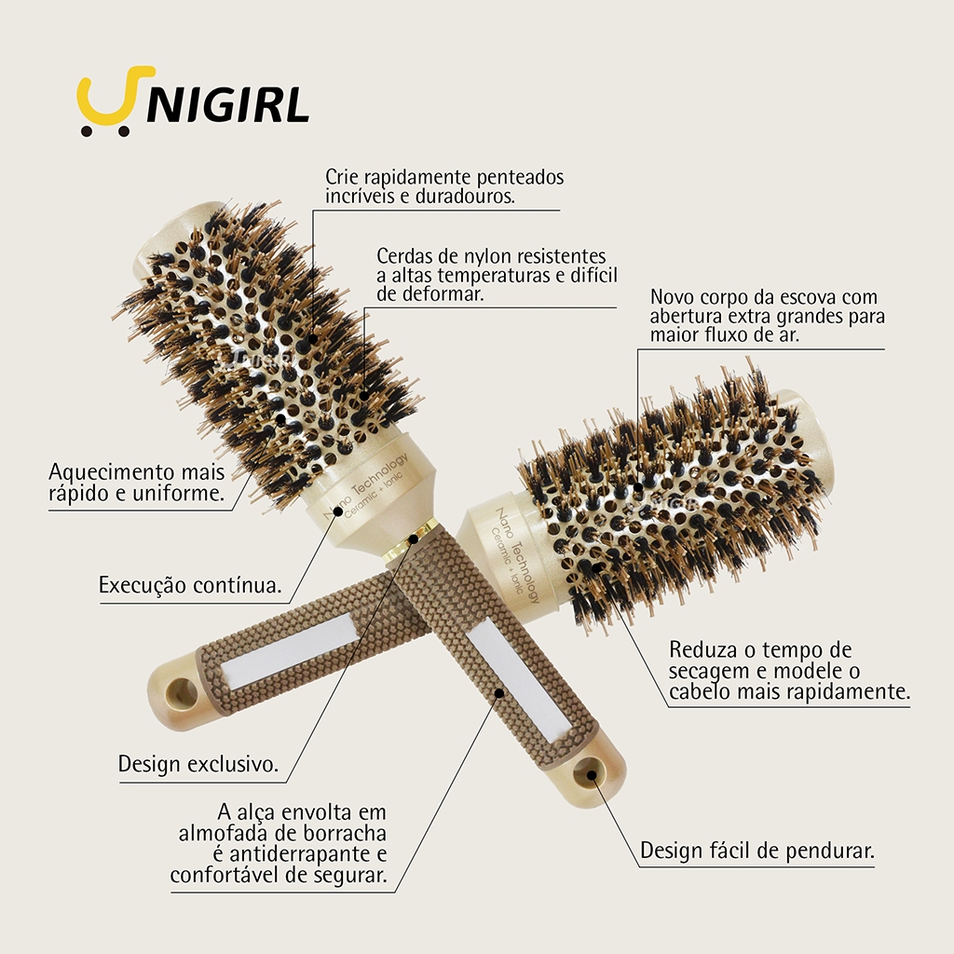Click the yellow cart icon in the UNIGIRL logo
[x=112, y=101]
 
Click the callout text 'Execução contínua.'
[x=190, y=585]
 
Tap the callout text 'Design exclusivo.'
[x=198, y=764]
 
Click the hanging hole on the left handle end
[x=181, y=693]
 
